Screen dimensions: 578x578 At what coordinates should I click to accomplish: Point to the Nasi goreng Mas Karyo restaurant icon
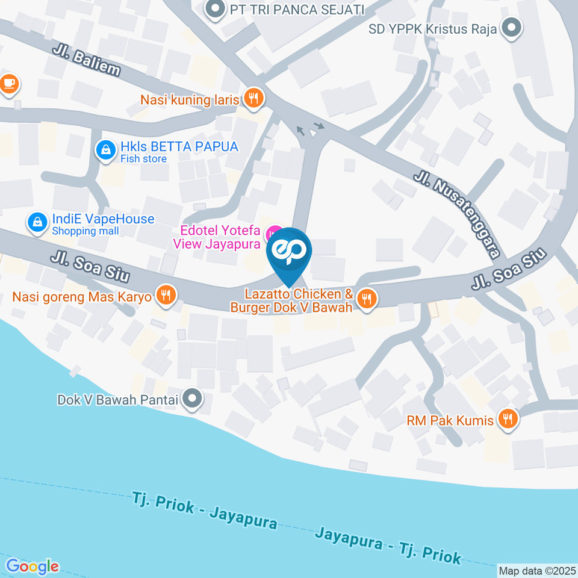click(165, 295)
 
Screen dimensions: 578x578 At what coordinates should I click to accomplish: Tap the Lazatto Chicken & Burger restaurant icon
click(365, 298)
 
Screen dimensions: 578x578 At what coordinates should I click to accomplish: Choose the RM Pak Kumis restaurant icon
click(508, 420)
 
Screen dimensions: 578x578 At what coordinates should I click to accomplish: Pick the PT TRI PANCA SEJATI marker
click(213, 10)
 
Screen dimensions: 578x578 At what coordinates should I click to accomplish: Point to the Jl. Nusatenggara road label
click(457, 214)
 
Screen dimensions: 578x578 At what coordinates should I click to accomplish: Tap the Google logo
click(33, 567)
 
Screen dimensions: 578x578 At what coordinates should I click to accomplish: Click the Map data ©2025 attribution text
click(538, 570)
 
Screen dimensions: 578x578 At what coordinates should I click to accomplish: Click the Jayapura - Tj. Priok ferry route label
click(387, 545)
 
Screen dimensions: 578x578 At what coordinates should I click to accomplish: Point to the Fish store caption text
click(143, 159)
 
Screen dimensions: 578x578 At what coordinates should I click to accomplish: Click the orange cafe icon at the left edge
click(8, 84)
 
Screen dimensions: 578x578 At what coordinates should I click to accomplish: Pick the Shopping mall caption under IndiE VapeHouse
click(85, 231)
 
